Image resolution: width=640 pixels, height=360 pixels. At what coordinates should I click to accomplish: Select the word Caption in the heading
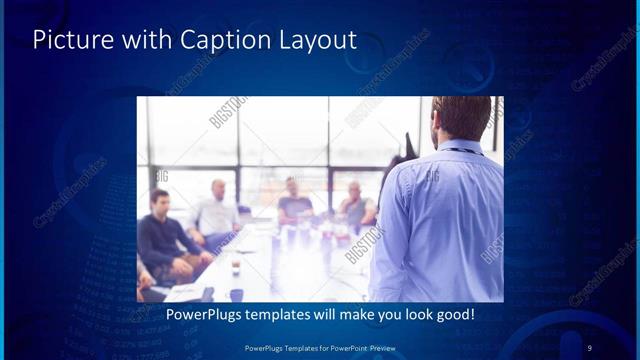pos(215,41)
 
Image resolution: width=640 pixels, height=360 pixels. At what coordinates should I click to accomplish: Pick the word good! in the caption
pos(453,315)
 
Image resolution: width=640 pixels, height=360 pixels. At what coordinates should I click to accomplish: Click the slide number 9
pos(590,347)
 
